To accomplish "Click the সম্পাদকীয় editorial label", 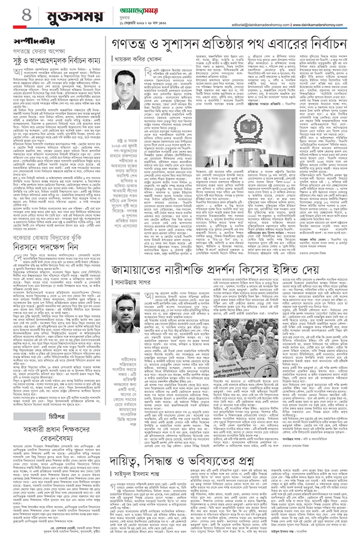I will (26, 40).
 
